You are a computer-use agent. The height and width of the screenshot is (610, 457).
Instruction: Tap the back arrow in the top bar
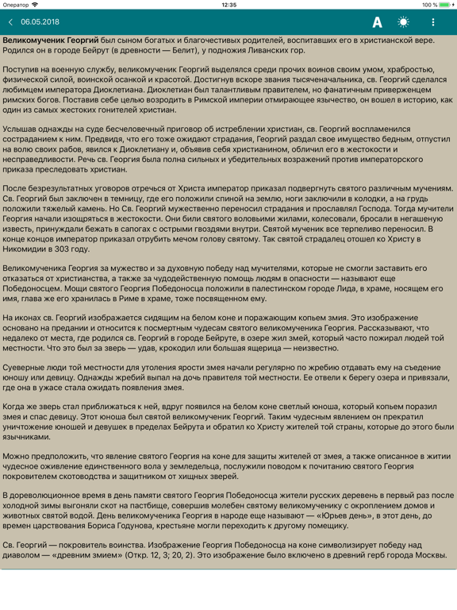[10, 22]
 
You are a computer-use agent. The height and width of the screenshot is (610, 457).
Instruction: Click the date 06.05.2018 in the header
[40, 22]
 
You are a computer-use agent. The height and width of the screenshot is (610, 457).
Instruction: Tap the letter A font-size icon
[378, 22]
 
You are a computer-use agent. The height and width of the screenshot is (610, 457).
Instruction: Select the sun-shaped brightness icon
[404, 22]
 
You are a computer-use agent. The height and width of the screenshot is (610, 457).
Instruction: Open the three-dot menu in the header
[433, 22]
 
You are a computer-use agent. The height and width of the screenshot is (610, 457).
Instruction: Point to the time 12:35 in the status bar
[228, 5]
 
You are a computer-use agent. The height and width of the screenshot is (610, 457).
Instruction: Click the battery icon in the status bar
[445, 5]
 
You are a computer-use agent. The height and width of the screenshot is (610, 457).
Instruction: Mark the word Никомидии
[27, 249]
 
